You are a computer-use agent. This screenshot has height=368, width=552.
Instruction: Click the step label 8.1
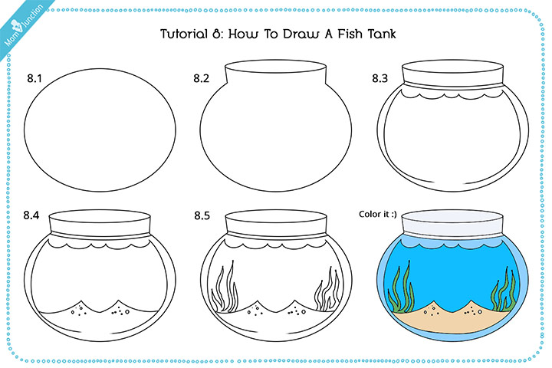click(x=34, y=78)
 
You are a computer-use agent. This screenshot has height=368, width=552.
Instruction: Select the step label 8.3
click(x=379, y=78)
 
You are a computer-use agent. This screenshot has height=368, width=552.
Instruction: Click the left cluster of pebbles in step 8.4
click(x=78, y=310)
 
